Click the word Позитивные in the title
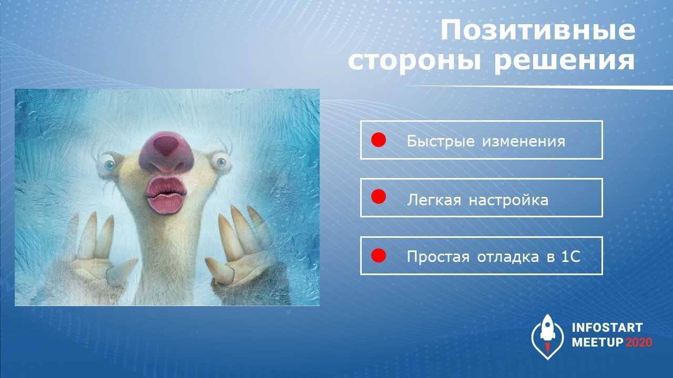tap(538, 30)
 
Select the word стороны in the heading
tap(415, 61)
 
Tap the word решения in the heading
tap(565, 61)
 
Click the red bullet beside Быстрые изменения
tap(379, 140)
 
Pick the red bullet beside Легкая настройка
tap(379, 197)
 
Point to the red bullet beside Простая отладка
tap(379, 256)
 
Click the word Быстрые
tap(441, 141)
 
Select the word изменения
tap(524, 142)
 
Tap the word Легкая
tap(434, 200)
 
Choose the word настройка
tap(508, 200)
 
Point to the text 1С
tap(570, 257)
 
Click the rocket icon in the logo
tap(547, 337)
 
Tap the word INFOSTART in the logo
tap(607, 328)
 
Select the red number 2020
tap(639, 342)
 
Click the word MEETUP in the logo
tap(598, 342)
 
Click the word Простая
tap(438, 257)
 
